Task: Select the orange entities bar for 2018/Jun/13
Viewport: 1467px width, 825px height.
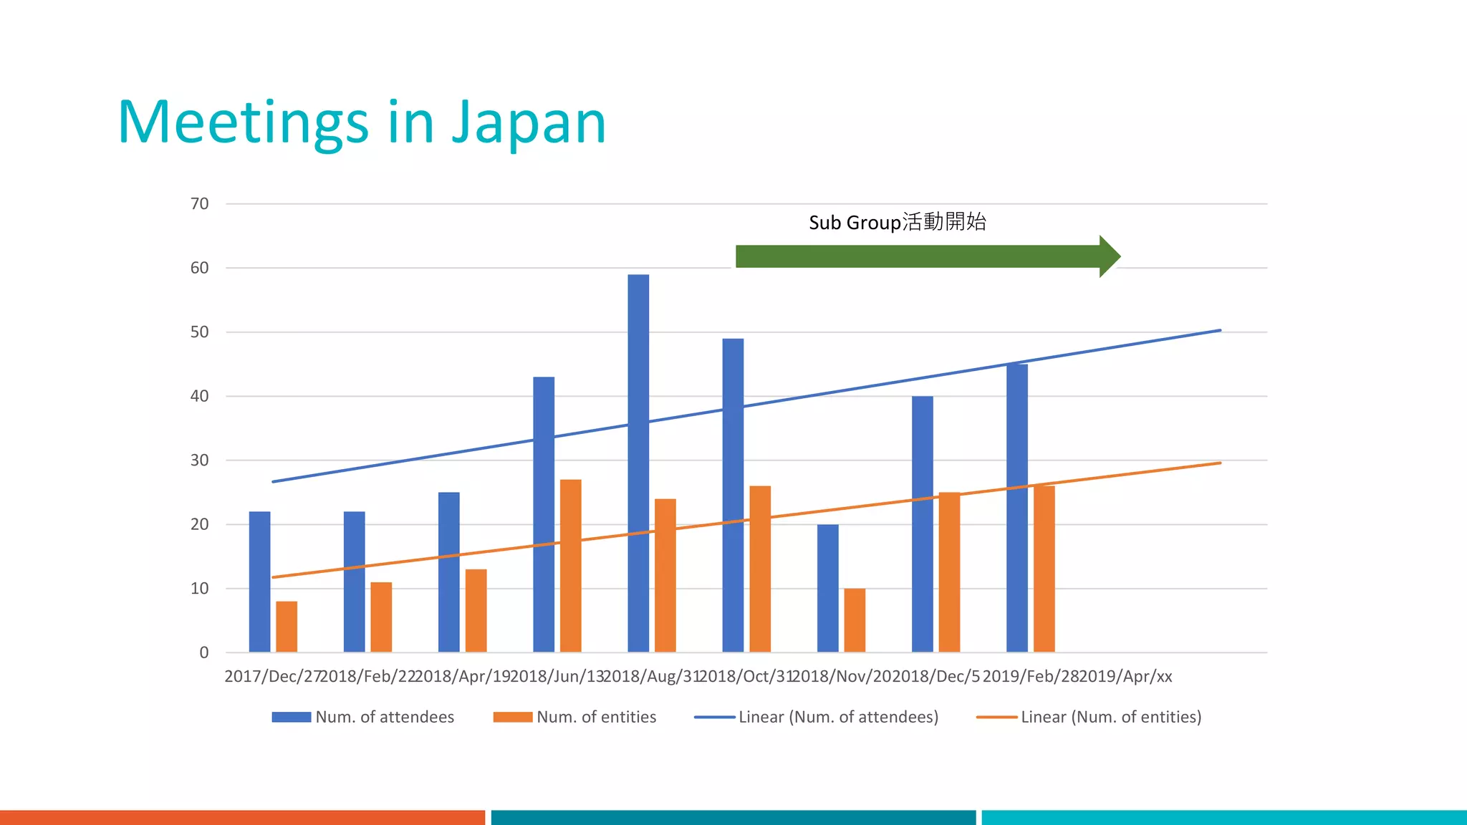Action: point(570,566)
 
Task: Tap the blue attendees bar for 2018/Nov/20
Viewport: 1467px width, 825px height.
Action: point(827,588)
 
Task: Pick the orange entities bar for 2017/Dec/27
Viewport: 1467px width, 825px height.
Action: point(287,627)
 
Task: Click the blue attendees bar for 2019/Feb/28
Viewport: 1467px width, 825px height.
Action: point(1016,508)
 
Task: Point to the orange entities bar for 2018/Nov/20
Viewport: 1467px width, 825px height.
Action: point(855,620)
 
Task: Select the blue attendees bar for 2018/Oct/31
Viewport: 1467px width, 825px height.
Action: point(733,495)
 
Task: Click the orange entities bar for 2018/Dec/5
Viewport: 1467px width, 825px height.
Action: point(949,572)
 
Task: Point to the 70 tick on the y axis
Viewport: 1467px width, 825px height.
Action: point(200,204)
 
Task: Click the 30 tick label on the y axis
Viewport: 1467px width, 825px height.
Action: point(200,460)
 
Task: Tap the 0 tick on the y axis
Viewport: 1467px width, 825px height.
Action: point(204,652)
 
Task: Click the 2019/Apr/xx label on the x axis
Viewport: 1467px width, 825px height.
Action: point(1125,677)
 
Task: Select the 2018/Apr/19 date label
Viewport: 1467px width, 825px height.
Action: point(463,677)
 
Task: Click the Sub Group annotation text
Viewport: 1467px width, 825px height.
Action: point(897,222)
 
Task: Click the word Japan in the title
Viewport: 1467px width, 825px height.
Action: point(529,123)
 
